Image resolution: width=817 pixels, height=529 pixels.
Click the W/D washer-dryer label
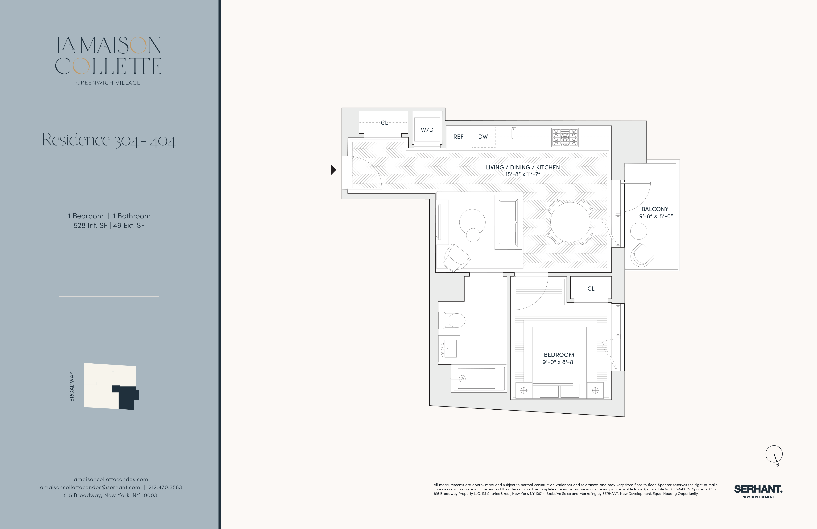[x=427, y=130]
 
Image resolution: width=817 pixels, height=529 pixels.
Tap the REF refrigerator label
[x=458, y=137]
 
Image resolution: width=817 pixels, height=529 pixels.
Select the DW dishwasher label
[x=483, y=137]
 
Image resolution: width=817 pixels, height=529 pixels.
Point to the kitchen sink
[x=512, y=139]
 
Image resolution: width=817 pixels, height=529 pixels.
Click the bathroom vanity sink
[x=449, y=349]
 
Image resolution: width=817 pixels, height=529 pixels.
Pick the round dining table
[x=570, y=222]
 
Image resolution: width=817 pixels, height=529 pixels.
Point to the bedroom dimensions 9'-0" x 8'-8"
[x=559, y=362]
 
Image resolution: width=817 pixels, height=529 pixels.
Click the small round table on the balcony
[x=639, y=231]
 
